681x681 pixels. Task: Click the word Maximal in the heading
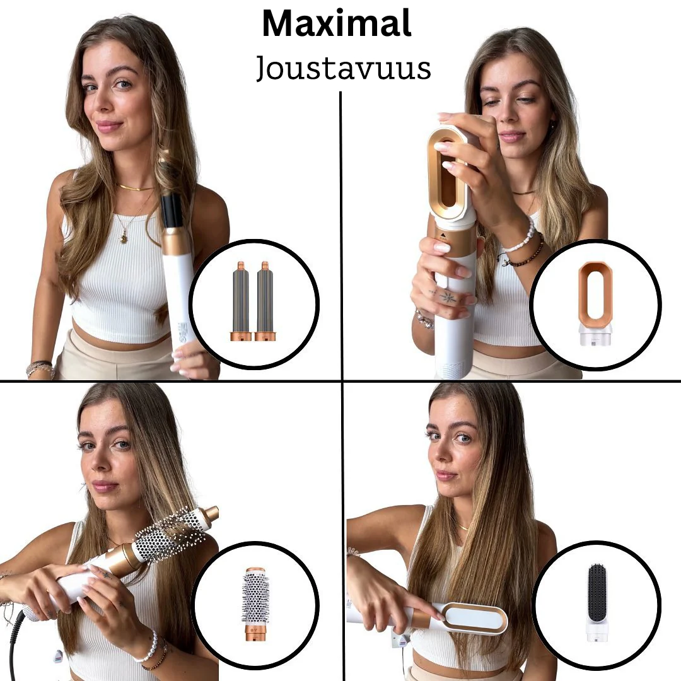click(337, 24)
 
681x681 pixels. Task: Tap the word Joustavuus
click(344, 68)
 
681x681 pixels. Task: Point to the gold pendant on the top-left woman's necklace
click(122, 238)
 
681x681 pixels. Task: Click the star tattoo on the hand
click(448, 296)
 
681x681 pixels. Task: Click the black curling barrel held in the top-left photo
click(172, 211)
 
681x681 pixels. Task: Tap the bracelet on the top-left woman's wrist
click(39, 367)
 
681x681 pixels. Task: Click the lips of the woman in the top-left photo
click(108, 125)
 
